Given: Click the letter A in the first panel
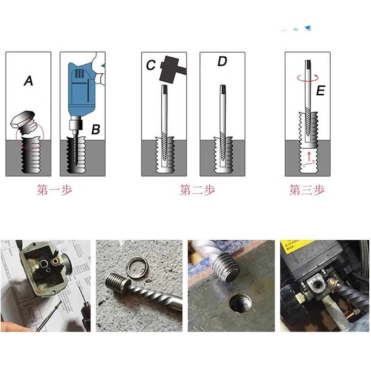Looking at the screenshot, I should pyautogui.click(x=29, y=82).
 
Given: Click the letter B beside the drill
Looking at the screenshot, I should pyautogui.click(x=95, y=130).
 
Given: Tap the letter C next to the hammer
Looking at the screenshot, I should pyautogui.click(x=151, y=66).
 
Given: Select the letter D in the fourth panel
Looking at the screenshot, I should pyautogui.click(x=222, y=61).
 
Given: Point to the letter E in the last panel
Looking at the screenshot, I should pyautogui.click(x=320, y=91).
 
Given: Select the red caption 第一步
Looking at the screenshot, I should pyautogui.click(x=54, y=190).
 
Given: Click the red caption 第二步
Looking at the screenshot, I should pyautogui.click(x=197, y=190).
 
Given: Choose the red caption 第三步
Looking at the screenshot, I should pyautogui.click(x=307, y=190).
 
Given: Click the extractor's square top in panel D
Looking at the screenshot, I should pyautogui.click(x=222, y=88).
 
